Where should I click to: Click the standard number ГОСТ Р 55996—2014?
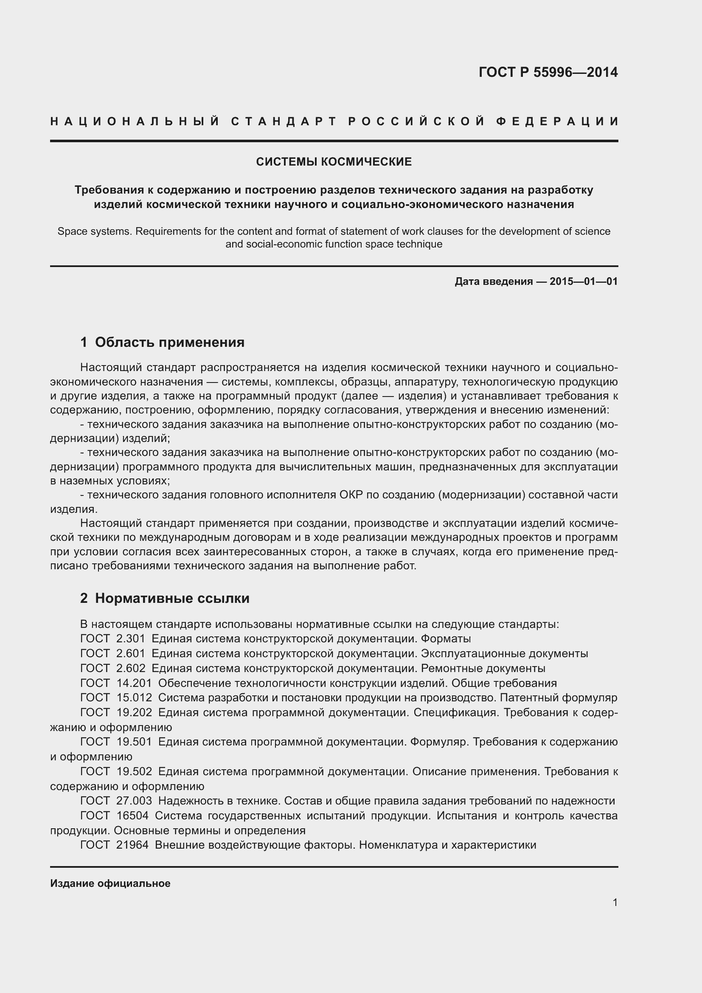pyautogui.click(x=548, y=72)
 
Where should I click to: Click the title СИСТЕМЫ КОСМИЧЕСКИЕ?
pyautogui.click(x=334, y=162)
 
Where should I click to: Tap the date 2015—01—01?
pyautogui.click(x=584, y=281)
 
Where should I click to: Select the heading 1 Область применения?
pyautogui.click(x=162, y=342)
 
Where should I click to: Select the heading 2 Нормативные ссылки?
pyautogui.click(x=165, y=598)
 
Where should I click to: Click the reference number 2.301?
pyautogui.click(x=131, y=639)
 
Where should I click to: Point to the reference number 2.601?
pyautogui.click(x=131, y=653)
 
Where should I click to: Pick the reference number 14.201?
pyautogui.click(x=134, y=683)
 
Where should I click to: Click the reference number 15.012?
pyautogui.click(x=134, y=698)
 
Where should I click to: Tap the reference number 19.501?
pyautogui.click(x=134, y=742)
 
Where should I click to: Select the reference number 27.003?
pyautogui.click(x=134, y=801)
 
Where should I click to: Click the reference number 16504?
pyautogui.click(x=132, y=815)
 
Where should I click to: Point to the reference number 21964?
pyautogui.click(x=132, y=845)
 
